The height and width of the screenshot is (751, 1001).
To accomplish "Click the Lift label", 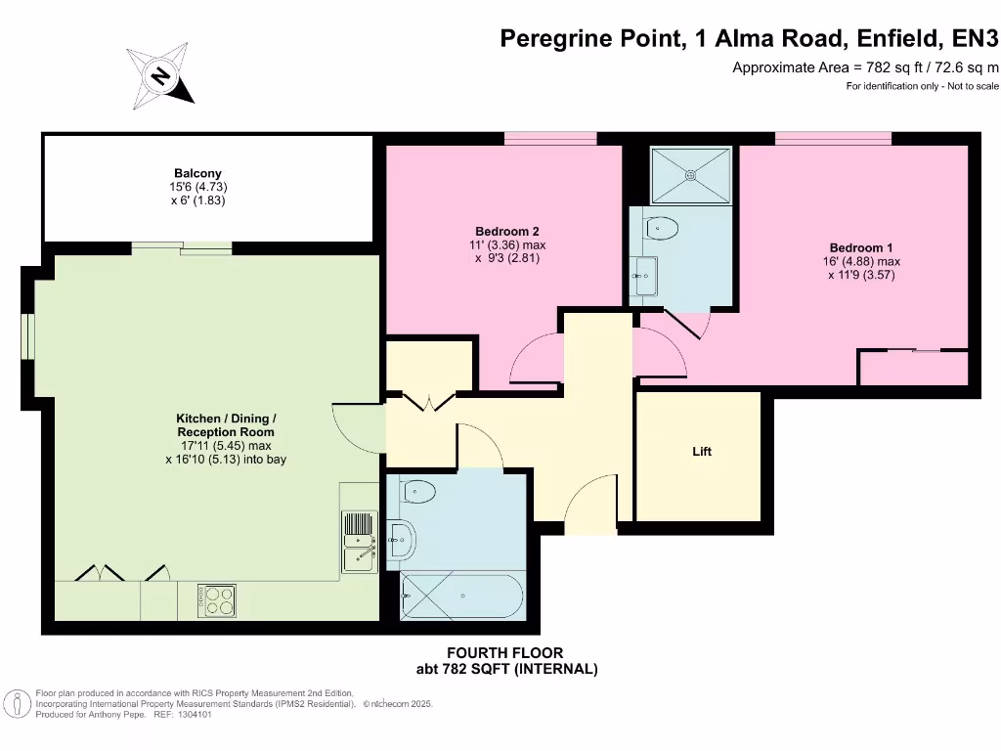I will pyautogui.click(x=701, y=452).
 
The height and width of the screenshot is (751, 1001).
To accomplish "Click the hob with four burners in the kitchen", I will pyautogui.click(x=216, y=599).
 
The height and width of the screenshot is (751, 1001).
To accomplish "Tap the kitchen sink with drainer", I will pyautogui.click(x=359, y=544).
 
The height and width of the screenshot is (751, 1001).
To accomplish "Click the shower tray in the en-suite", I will pyautogui.click(x=691, y=176).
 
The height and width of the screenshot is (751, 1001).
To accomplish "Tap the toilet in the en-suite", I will pyautogui.click(x=662, y=229).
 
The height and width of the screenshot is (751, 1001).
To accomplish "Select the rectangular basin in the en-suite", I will pyautogui.click(x=644, y=276).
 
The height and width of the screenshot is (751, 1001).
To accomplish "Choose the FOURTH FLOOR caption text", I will pyautogui.click(x=504, y=652).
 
